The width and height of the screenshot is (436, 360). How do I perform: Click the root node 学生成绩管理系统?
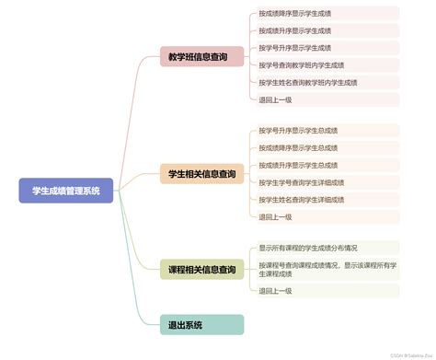(65, 191)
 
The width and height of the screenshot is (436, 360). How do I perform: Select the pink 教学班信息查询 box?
(201, 57)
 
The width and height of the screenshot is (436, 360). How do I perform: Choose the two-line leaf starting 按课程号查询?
(323, 269)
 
